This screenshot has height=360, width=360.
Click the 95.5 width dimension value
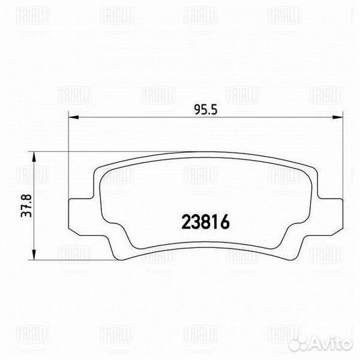pyautogui.click(x=205, y=109)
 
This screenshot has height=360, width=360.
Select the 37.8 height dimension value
pyautogui.click(x=26, y=206)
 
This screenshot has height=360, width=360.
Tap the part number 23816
pyautogui.click(x=205, y=222)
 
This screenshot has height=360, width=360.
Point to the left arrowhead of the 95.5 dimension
pyautogui.click(x=74, y=117)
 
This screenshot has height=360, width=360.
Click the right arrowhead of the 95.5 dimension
pyautogui.click(x=338, y=117)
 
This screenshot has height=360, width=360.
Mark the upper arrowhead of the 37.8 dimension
pyautogui.click(x=34, y=157)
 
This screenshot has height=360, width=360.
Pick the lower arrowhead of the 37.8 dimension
pyautogui.click(x=34, y=255)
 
